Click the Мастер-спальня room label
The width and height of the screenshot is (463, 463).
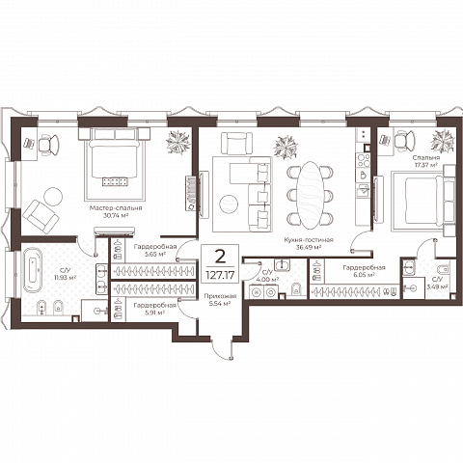click(116, 208)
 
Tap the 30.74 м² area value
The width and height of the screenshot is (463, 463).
click(116, 215)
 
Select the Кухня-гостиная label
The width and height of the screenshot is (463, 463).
click(309, 240)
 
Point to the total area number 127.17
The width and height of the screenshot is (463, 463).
click(220, 275)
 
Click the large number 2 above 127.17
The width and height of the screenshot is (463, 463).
click(220, 257)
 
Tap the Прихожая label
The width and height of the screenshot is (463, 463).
click(220, 296)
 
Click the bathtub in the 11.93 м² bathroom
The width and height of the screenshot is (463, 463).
click(33, 270)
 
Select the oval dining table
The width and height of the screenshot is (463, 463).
click(310, 195)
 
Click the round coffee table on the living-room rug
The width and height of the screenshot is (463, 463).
click(229, 204)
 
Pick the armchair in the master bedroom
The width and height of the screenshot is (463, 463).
click(41, 216)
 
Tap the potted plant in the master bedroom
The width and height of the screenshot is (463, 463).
click(178, 142)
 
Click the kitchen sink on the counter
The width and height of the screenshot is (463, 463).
click(363, 190)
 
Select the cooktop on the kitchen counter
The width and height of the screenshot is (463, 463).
click(364, 160)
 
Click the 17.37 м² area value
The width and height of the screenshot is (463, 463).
click(426, 165)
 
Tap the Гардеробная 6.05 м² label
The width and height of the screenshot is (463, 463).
click(364, 271)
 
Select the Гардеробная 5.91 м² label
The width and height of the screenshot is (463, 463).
click(155, 309)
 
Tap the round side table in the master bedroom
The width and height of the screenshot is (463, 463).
click(53, 197)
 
